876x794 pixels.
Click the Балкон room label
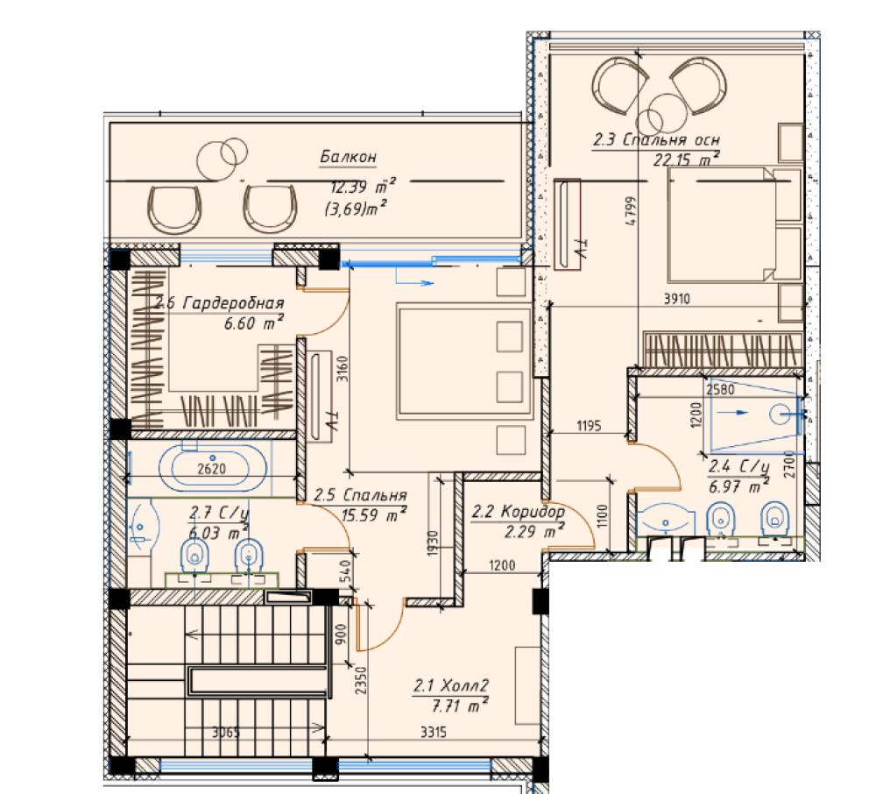pyautogui.click(x=348, y=157)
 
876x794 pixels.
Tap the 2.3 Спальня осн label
pyautogui.click(x=656, y=139)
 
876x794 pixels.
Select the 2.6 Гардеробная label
pyautogui.click(x=220, y=303)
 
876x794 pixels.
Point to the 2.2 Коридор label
pyautogui.click(x=519, y=511)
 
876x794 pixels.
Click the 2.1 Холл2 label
pyautogui.click(x=451, y=685)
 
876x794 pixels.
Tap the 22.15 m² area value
pyautogui.click(x=687, y=160)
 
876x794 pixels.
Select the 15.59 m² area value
pyautogui.click(x=374, y=514)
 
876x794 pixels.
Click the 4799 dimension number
pyautogui.click(x=631, y=210)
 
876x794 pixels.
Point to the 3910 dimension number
pyautogui.click(x=676, y=299)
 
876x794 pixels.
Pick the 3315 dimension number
pyautogui.click(x=434, y=732)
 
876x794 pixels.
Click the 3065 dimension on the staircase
pyautogui.click(x=226, y=732)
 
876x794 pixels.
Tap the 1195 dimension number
pyautogui.click(x=589, y=426)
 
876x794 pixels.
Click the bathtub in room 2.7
pyautogui.click(x=212, y=468)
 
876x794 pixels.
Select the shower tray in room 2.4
pyautogui.click(x=756, y=414)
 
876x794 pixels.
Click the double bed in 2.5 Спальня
pyautogui.click(x=463, y=362)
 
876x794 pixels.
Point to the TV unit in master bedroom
pyautogui.click(x=567, y=224)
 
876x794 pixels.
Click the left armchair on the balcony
pyautogui.click(x=174, y=209)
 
